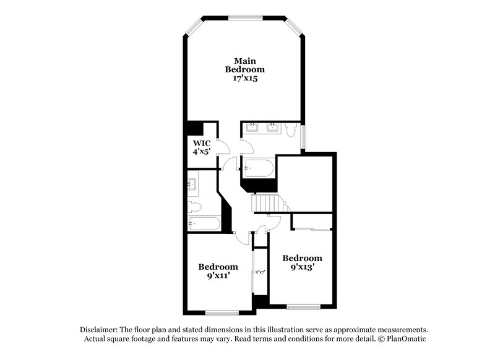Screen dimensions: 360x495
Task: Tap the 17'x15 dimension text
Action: pyautogui.click(x=244, y=79)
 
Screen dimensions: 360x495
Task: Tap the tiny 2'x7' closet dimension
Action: pyautogui.click(x=260, y=272)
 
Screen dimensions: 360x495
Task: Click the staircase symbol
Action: pyautogui.click(x=265, y=202)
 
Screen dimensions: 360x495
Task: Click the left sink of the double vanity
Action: pyautogui.click(x=252, y=127)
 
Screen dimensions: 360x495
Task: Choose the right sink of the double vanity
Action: pyautogui.click(x=273, y=127)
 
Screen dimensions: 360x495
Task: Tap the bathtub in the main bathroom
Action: pyautogui.click(x=257, y=167)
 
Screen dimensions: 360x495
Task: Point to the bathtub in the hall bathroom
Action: pyautogui.click(x=202, y=223)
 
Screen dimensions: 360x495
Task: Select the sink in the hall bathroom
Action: pyautogui.click(x=191, y=184)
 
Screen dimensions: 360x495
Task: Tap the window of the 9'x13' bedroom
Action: pyautogui.click(x=303, y=307)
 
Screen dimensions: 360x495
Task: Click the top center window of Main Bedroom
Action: pyautogui.click(x=244, y=16)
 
